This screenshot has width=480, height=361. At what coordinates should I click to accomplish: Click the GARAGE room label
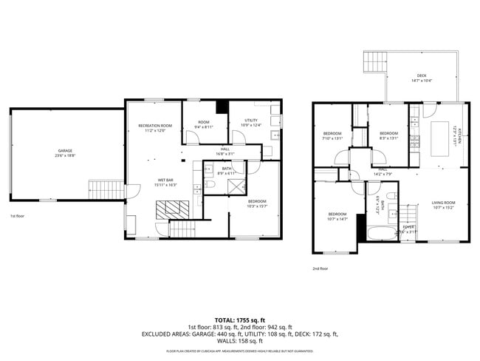click(x=64, y=151)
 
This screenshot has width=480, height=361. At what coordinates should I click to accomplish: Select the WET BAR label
click(x=165, y=180)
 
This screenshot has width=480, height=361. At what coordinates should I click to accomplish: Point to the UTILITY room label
click(x=251, y=121)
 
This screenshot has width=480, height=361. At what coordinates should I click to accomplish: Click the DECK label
click(x=421, y=75)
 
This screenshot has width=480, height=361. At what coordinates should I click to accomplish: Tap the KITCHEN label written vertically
click(x=459, y=137)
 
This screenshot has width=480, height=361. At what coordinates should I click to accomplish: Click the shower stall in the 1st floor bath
click(x=237, y=184)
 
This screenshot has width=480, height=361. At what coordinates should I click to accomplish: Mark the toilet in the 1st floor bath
click(x=211, y=185)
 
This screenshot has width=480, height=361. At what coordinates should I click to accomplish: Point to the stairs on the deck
click(x=375, y=63)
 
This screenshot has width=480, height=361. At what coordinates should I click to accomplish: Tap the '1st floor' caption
click(x=18, y=216)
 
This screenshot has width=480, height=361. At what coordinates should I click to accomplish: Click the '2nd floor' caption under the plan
click(x=320, y=269)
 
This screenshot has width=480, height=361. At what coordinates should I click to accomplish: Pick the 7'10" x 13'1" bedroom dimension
click(x=333, y=138)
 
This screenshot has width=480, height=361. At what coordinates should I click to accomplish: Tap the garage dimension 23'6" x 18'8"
click(x=64, y=156)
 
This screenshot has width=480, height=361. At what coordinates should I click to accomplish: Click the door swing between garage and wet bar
click(x=131, y=191)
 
